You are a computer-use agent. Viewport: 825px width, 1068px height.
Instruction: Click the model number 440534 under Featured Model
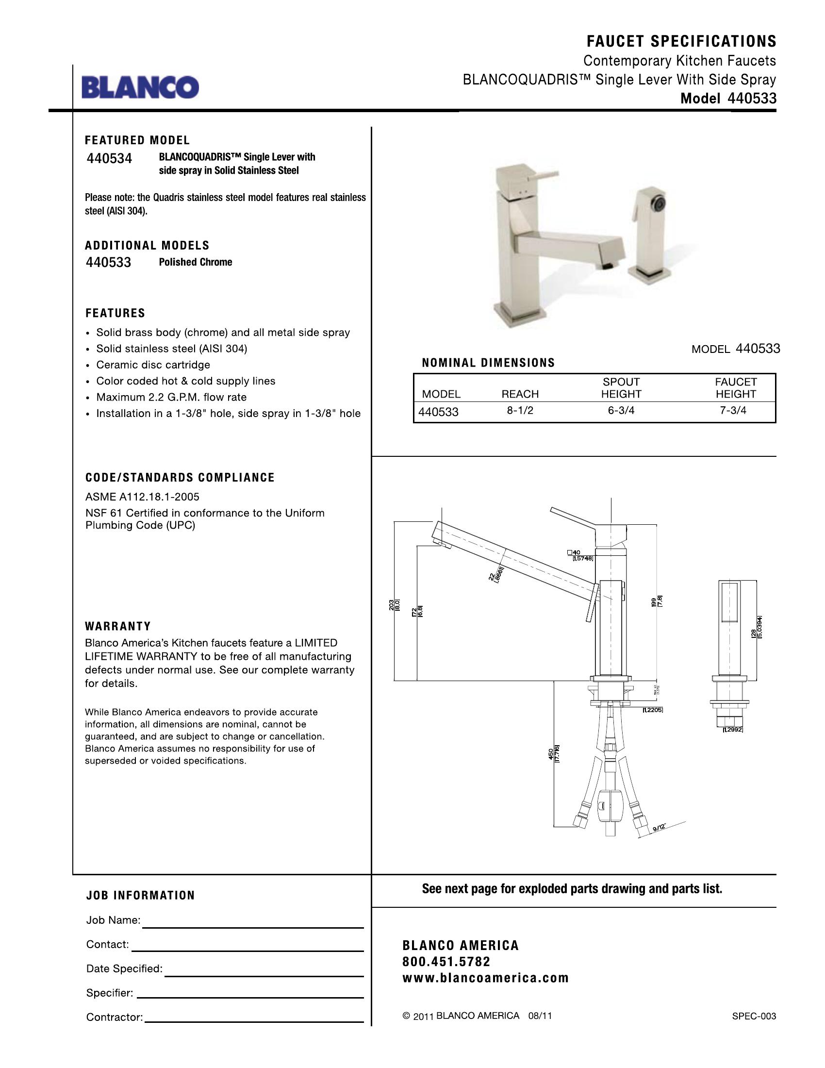pos(109,159)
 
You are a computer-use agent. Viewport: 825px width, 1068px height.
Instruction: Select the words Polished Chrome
pos(196,262)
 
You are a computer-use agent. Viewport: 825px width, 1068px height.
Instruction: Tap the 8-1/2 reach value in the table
pos(520,411)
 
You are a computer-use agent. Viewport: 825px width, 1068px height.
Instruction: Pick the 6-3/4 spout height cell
pos(621,411)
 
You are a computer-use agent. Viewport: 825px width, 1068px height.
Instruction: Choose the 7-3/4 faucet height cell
pos(733,411)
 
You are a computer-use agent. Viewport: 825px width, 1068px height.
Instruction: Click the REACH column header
pos(520,394)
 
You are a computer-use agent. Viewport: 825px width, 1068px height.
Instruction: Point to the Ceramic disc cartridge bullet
pos(153,365)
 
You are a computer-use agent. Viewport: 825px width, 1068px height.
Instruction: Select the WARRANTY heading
pos(118,626)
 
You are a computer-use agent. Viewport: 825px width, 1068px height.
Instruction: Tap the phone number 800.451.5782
pos(446,962)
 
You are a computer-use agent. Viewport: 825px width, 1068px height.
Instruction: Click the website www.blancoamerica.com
pos(486,978)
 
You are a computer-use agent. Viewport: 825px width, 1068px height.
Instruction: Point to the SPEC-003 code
pos(754,1016)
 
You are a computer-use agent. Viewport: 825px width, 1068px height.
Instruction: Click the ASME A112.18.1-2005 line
pos(142,497)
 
